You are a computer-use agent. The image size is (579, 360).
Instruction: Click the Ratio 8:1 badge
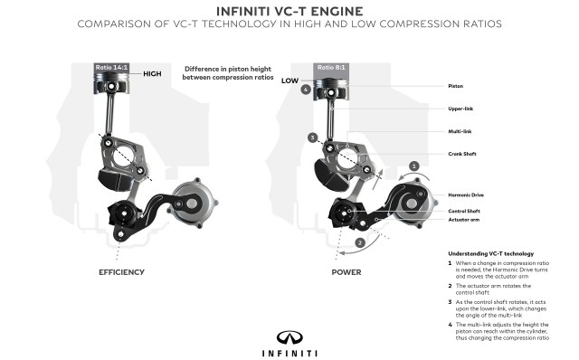tap(329, 67)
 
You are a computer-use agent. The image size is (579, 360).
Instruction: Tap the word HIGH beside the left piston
tap(152, 74)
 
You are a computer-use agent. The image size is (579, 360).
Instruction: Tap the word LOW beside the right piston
tap(289, 81)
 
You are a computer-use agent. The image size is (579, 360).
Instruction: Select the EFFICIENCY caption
tap(122, 271)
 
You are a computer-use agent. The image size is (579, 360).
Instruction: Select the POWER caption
tap(346, 271)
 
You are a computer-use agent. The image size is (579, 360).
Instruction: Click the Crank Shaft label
tap(463, 154)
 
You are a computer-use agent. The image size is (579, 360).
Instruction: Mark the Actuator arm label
tap(464, 220)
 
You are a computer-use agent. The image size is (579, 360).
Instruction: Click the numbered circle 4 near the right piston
tap(307, 90)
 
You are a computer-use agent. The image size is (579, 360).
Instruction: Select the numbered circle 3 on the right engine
tap(311, 137)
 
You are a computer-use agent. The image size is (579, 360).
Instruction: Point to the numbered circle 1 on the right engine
tap(413, 166)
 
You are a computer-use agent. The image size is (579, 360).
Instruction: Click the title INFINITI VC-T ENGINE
tap(289, 11)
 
